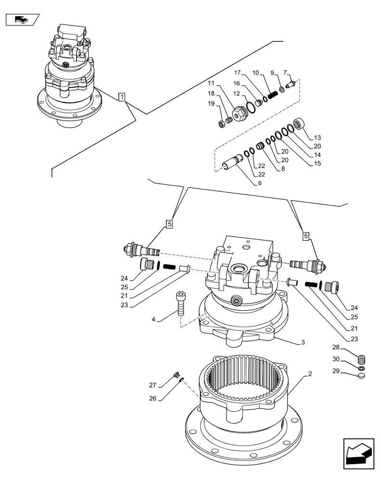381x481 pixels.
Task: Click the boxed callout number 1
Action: pos(122,98)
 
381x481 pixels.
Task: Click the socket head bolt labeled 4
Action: pos(181,304)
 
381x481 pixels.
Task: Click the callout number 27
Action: pos(152,385)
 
